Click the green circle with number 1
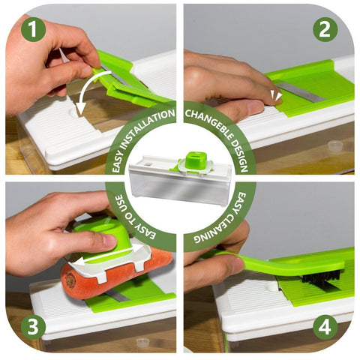(33, 29)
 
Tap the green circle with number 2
(325, 29)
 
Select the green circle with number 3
(33, 327)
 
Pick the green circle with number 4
(325, 327)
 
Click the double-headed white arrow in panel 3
(109, 254)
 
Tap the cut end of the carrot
(70, 280)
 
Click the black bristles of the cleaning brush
(321, 278)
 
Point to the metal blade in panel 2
(300, 92)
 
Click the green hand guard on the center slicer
(195, 161)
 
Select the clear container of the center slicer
(179, 187)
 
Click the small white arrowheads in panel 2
(276, 96)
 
